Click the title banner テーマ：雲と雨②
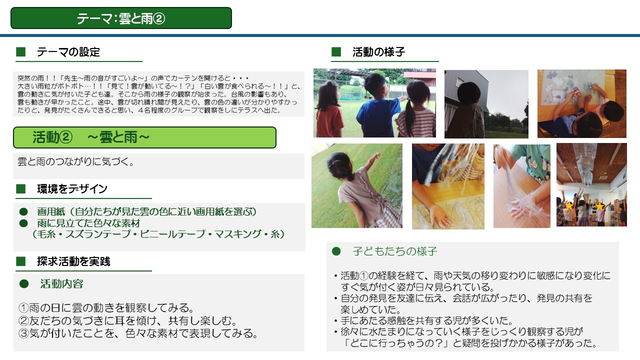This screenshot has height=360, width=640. tap(121, 18)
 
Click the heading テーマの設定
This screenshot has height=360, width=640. tap(68, 52)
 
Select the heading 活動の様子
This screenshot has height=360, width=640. tap(378, 52)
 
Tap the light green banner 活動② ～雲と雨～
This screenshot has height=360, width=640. tap(144, 137)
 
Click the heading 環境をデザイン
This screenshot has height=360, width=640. tap(72, 189)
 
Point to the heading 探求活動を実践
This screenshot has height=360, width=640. tap(73, 261)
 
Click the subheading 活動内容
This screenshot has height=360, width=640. tap(61, 283)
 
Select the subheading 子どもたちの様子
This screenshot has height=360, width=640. tap(395, 251)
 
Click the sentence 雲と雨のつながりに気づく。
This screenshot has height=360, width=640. tap(76, 161)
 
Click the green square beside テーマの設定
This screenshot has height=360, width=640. tap(21, 52)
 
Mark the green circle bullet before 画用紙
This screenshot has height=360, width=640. tap(23, 211)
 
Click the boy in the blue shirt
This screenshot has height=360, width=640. tap(376, 105)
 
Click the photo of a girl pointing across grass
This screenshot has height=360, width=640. tap(357, 185)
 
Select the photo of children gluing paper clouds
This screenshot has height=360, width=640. tap(581, 103)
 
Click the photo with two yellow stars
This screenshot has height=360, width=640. tap(591, 185)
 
